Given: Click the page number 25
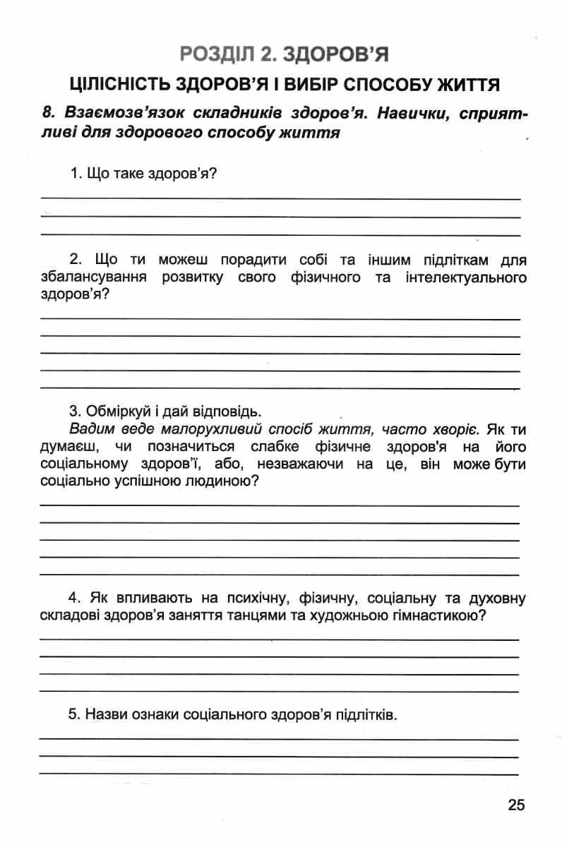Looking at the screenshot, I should click(516, 805).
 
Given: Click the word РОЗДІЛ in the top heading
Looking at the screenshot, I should click(215, 53).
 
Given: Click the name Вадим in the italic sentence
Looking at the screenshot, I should click(90, 428).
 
